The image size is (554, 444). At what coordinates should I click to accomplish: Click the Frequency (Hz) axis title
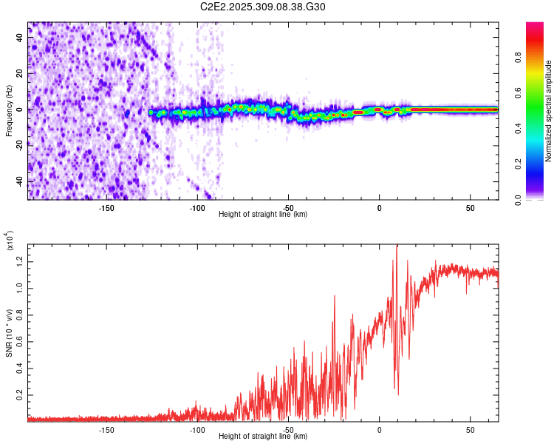(9, 110)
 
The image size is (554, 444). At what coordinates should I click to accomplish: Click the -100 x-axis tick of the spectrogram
(197, 208)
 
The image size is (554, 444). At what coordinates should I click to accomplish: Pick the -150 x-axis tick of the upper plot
(106, 208)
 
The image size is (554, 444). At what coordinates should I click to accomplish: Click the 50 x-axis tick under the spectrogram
(471, 208)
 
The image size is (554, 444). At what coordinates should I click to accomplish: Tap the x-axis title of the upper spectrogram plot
(263, 215)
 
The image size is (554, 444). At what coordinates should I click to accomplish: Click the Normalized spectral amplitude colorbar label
(549, 111)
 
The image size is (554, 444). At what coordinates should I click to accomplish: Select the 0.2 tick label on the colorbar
(538, 164)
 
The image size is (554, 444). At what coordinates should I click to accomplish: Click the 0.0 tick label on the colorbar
(538, 199)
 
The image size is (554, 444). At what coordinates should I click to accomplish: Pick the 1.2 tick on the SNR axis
(21, 259)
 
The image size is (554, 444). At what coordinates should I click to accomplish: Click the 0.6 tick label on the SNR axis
(21, 340)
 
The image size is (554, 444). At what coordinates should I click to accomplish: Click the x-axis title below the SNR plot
(263, 437)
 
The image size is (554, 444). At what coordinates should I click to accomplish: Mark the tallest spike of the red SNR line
(397, 246)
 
